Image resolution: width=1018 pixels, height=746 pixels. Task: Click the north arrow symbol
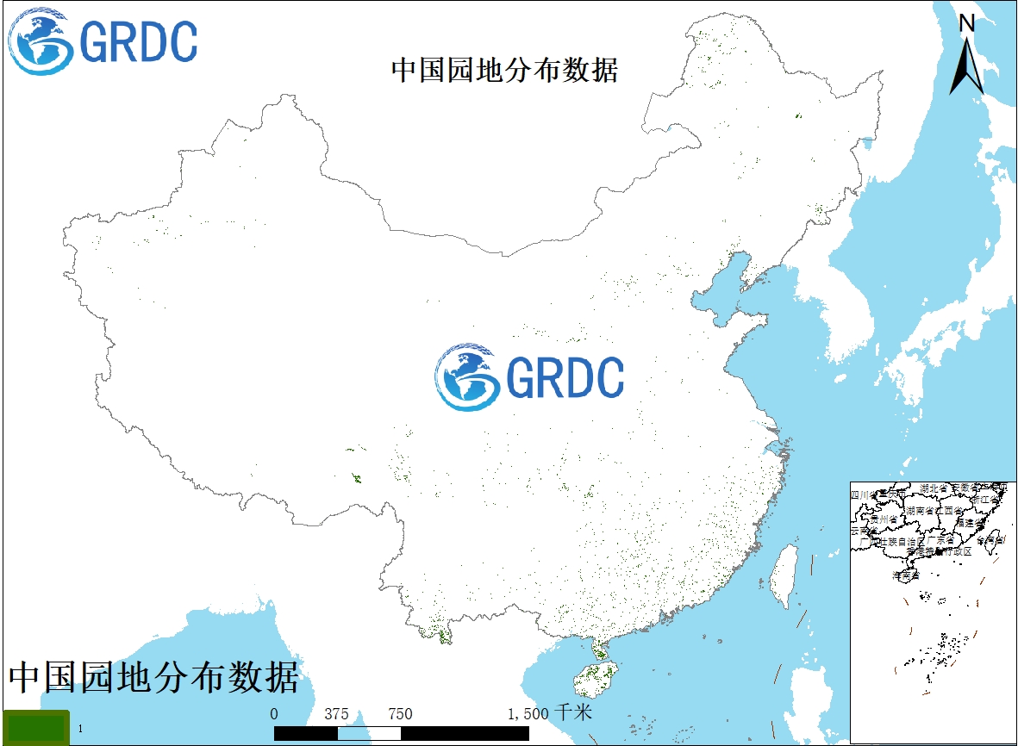click(x=967, y=65)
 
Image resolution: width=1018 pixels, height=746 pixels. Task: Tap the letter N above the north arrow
click(x=967, y=23)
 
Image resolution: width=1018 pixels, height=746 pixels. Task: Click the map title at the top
click(x=504, y=70)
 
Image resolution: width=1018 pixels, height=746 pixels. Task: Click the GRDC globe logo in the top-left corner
click(x=41, y=41)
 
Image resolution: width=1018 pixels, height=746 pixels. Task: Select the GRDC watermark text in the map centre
click(x=565, y=377)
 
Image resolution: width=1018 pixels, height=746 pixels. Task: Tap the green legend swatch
click(x=35, y=728)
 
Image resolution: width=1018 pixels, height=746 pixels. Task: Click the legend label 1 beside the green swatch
click(x=80, y=730)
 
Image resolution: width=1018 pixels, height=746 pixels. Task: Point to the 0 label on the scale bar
click(x=274, y=714)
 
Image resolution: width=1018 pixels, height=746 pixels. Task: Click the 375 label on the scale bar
click(x=337, y=714)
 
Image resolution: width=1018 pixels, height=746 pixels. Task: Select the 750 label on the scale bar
click(x=400, y=714)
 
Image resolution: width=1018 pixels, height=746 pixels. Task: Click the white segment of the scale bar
click(x=369, y=733)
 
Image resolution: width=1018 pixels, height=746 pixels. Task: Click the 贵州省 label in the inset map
click(x=884, y=519)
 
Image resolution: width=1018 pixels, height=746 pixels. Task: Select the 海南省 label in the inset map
click(x=906, y=574)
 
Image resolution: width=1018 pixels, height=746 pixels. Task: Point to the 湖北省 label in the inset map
click(x=934, y=488)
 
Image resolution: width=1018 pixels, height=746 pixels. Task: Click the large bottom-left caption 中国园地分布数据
click(x=154, y=678)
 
